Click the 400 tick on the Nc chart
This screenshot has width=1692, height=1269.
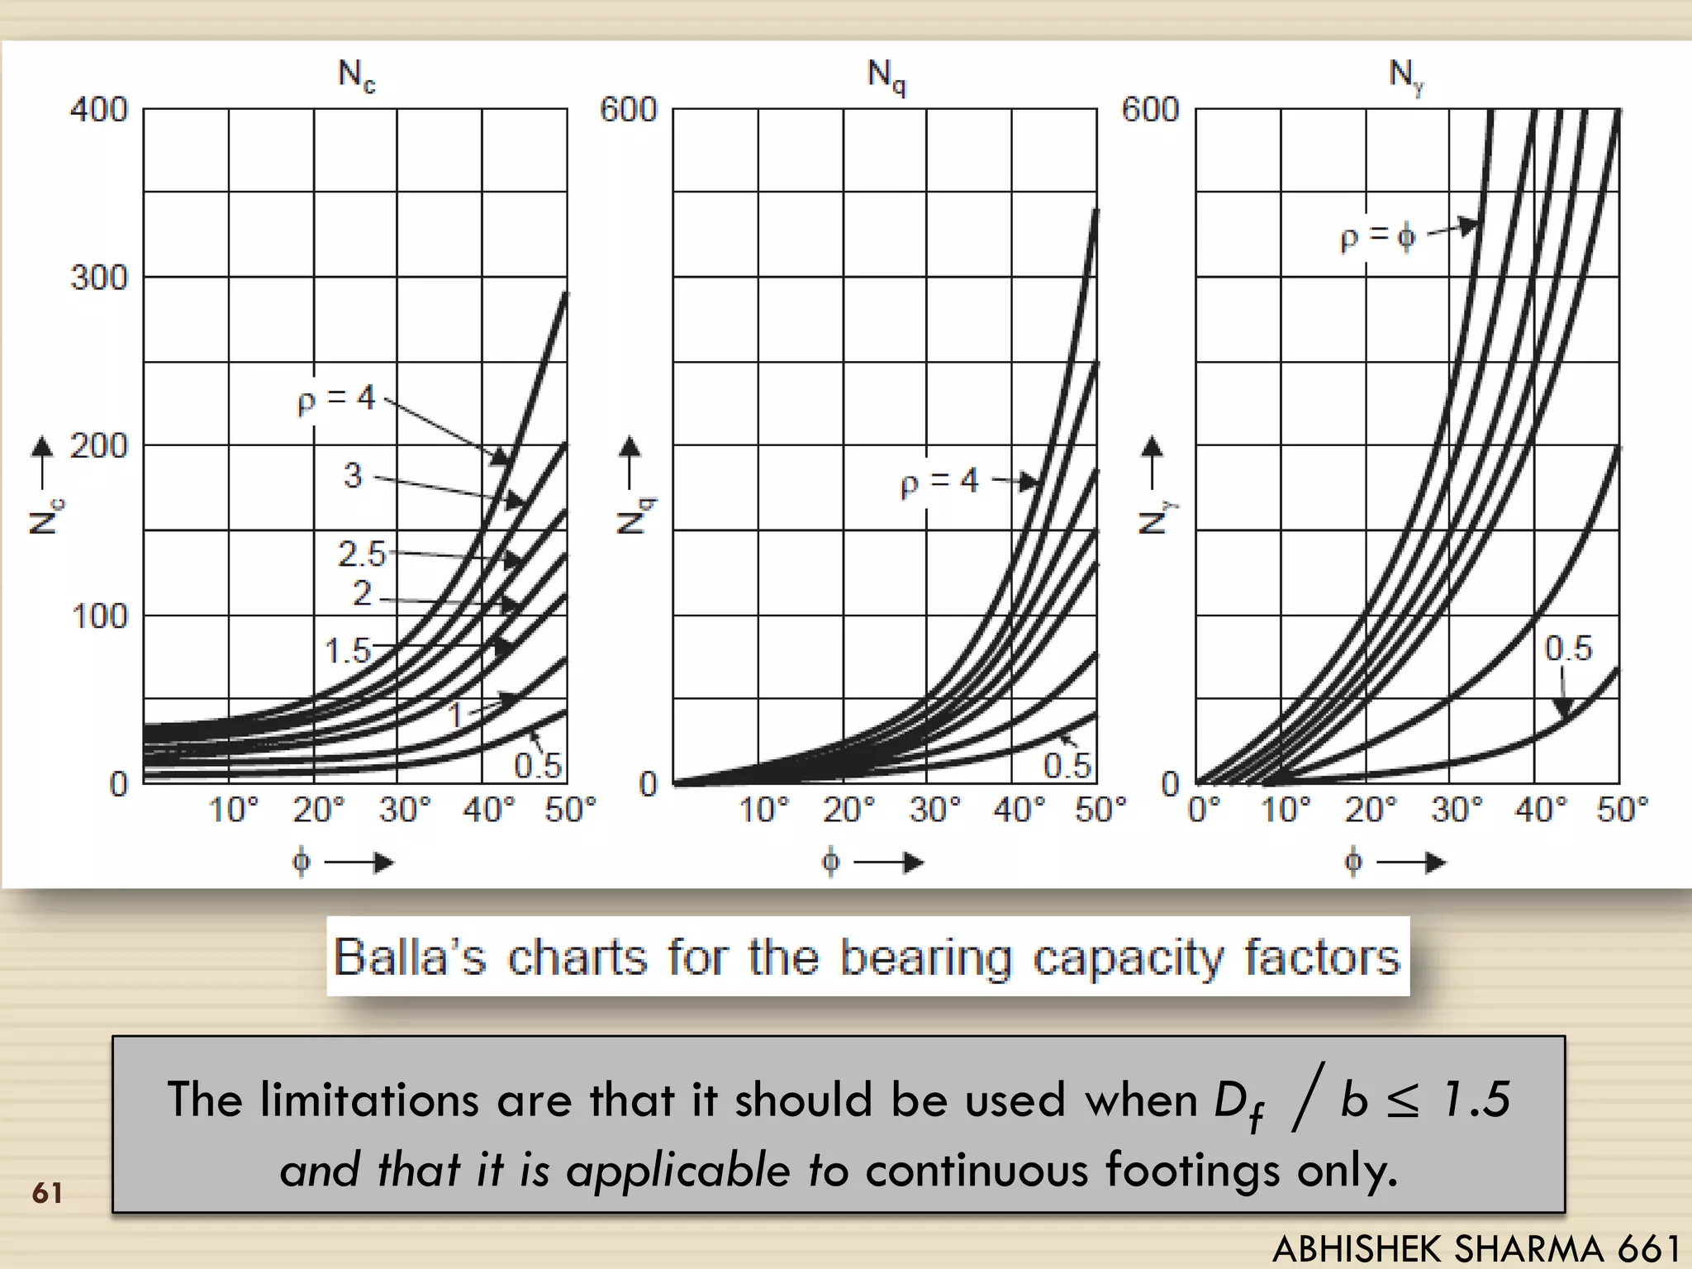[99, 110]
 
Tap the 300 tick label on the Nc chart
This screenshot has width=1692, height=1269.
[99, 278]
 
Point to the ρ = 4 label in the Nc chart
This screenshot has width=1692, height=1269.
[336, 400]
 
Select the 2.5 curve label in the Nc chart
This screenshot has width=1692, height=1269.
[362, 554]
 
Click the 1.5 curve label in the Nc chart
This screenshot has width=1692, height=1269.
[348, 651]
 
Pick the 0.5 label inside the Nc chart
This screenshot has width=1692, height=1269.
[538, 766]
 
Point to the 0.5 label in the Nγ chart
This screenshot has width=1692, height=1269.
[1568, 649]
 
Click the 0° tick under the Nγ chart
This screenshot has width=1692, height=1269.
[1204, 810]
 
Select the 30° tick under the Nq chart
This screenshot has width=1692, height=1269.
[934, 810]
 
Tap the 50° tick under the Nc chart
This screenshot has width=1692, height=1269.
[570, 810]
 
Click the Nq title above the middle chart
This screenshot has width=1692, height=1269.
[886, 77]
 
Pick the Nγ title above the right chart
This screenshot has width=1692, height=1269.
[1406, 77]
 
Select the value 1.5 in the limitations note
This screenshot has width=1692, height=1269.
[1476, 1100]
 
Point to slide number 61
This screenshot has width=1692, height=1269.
[47, 1193]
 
